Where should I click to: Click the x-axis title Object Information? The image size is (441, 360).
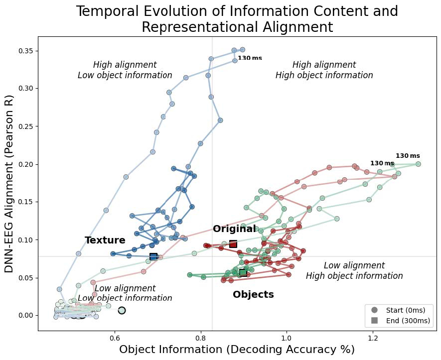[237, 350]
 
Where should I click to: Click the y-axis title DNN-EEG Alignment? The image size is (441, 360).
[9, 183]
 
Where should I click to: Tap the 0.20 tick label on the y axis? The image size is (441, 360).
[25, 164]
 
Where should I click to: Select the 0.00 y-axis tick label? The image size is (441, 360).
[25, 315]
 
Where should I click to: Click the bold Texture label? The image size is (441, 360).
[105, 240]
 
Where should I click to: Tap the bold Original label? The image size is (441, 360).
[234, 229]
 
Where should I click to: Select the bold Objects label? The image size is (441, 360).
[253, 295]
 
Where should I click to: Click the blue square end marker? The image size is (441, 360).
[153, 256]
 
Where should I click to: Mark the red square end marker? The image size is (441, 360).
[233, 244]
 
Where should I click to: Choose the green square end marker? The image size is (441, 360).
[243, 272]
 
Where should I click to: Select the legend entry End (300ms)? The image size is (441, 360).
[403, 321]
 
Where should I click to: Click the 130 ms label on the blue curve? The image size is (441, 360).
[250, 58]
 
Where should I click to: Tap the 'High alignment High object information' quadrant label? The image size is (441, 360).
[324, 70]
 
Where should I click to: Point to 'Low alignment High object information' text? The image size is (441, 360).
[354, 271]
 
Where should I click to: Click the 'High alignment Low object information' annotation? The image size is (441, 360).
[125, 70]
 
